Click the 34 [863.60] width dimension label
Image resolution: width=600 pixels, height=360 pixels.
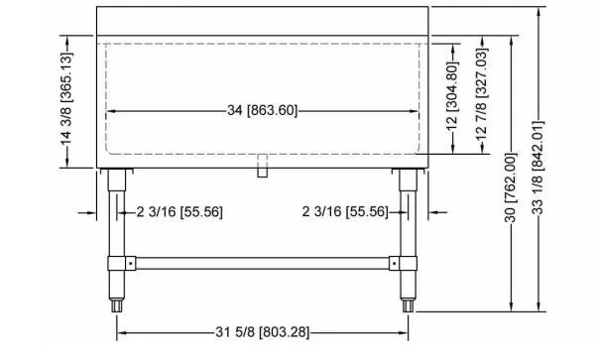[262, 110]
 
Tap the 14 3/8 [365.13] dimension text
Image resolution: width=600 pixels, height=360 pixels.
[66, 99]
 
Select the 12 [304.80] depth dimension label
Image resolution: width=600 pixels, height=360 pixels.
[452, 96]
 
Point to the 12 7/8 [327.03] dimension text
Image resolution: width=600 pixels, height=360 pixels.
[481, 94]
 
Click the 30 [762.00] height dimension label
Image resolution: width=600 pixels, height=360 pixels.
[511, 187]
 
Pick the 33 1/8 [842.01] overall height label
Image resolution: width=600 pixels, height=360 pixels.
[538, 168]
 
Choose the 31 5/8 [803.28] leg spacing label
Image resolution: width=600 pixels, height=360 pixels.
[263, 332]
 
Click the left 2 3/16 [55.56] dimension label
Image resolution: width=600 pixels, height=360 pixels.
[180, 211]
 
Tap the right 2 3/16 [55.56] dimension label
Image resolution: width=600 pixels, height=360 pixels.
[345, 211]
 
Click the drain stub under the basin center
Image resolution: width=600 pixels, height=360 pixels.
[262, 166]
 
